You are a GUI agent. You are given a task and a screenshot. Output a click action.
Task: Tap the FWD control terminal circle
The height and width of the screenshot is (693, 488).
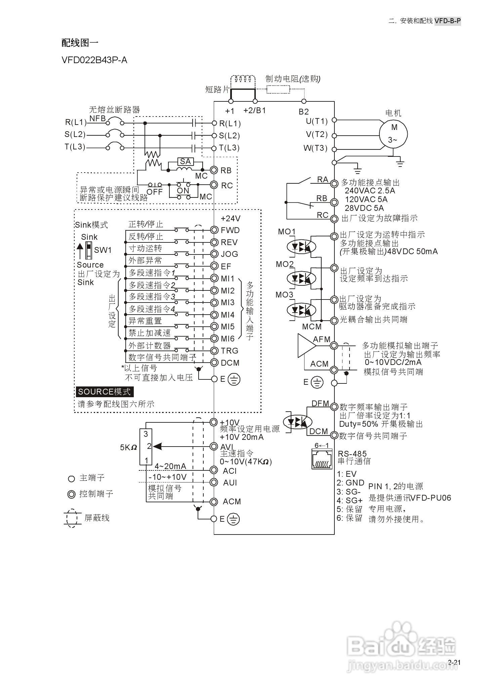click(x=214, y=230)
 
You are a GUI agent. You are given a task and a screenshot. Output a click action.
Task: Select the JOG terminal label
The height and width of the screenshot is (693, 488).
click(x=230, y=254)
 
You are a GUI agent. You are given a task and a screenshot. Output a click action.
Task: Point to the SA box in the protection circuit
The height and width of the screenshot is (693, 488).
click(x=185, y=161)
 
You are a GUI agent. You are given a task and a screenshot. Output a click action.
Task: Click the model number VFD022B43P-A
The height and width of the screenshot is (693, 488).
click(x=94, y=60)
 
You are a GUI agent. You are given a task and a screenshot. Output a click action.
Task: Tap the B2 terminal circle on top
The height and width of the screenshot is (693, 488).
click(x=304, y=101)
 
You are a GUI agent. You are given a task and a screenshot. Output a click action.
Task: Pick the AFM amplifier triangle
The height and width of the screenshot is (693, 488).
click(x=305, y=345)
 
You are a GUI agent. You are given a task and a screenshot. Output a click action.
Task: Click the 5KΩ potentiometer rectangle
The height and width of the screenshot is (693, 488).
click(x=146, y=447)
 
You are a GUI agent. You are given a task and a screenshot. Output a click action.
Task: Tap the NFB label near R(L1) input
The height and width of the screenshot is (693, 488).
click(x=97, y=119)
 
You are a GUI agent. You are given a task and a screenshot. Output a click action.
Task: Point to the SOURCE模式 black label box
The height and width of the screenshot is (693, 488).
click(x=105, y=392)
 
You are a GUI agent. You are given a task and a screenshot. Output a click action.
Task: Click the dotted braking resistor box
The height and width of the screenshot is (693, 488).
click(x=278, y=89)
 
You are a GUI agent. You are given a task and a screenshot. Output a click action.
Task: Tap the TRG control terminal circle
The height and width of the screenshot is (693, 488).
click(x=214, y=351)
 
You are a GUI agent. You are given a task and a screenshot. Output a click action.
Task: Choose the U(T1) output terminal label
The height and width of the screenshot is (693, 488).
click(x=317, y=121)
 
